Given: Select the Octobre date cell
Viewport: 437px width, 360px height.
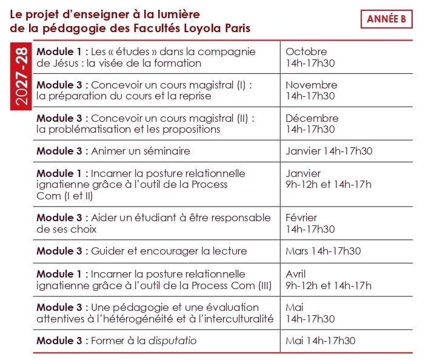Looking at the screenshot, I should pos(310,57).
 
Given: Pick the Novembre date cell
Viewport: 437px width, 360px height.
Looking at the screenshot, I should pos(311,90).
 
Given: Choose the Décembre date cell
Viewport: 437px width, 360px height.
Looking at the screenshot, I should pos(312,124).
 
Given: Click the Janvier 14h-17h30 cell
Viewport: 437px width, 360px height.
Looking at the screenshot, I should pos(329,151).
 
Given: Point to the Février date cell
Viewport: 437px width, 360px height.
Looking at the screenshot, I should pos(310,223).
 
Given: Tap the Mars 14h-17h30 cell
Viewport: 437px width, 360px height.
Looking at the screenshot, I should pos(323,251).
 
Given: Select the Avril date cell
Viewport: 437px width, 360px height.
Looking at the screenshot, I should pos(328,279).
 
